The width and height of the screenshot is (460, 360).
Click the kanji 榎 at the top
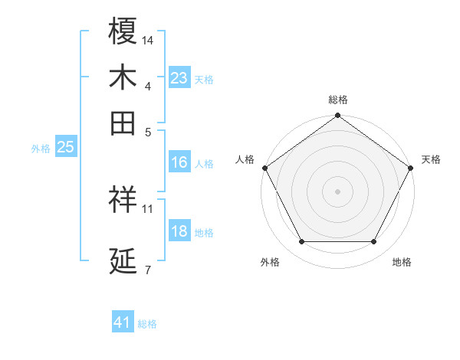coord(123,31)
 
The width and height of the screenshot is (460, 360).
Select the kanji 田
coord(123,123)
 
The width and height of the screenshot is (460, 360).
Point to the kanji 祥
coord(123,200)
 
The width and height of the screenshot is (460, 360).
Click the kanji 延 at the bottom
coord(123,262)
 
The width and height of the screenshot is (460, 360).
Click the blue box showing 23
coord(179,78)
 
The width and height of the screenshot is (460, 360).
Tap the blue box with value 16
coord(179,162)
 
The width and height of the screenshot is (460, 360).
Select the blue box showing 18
coord(179,232)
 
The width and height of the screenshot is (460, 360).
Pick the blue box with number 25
coord(65,148)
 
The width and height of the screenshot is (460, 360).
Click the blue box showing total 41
coord(123,322)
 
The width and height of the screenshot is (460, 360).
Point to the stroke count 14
coord(148,39)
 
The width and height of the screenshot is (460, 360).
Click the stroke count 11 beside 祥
coord(148,208)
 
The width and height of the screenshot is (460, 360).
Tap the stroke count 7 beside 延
coord(147,270)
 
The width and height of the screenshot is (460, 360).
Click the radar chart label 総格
coord(338,100)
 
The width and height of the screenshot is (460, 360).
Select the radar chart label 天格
coord(431,159)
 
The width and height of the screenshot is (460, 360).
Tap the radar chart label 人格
coord(245,159)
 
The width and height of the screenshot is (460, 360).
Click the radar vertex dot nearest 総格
coord(338,116)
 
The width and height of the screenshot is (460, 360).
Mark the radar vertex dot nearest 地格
coord(374,242)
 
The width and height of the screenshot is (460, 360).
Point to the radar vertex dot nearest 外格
coord(301,242)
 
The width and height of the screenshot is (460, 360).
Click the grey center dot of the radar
coord(338,191)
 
